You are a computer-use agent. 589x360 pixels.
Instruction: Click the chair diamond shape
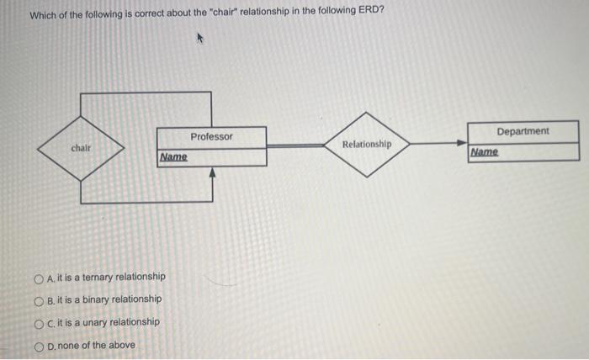[82, 148]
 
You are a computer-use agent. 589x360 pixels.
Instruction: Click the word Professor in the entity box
[212, 136]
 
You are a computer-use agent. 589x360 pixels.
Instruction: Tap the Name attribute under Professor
[173, 157]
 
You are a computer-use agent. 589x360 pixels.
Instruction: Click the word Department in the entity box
[523, 131]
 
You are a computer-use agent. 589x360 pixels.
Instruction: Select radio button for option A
[39, 277]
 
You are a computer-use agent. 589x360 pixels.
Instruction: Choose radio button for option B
[39, 299]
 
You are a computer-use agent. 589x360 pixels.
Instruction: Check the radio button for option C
[39, 322]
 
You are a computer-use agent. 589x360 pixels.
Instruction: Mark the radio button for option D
[39, 345]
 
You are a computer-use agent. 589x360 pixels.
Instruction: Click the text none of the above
[96, 345]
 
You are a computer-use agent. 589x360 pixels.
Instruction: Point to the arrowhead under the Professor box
[212, 172]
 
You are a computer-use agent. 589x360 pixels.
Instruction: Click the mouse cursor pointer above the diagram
[200, 38]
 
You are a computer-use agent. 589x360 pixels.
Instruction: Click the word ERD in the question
[373, 15]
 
